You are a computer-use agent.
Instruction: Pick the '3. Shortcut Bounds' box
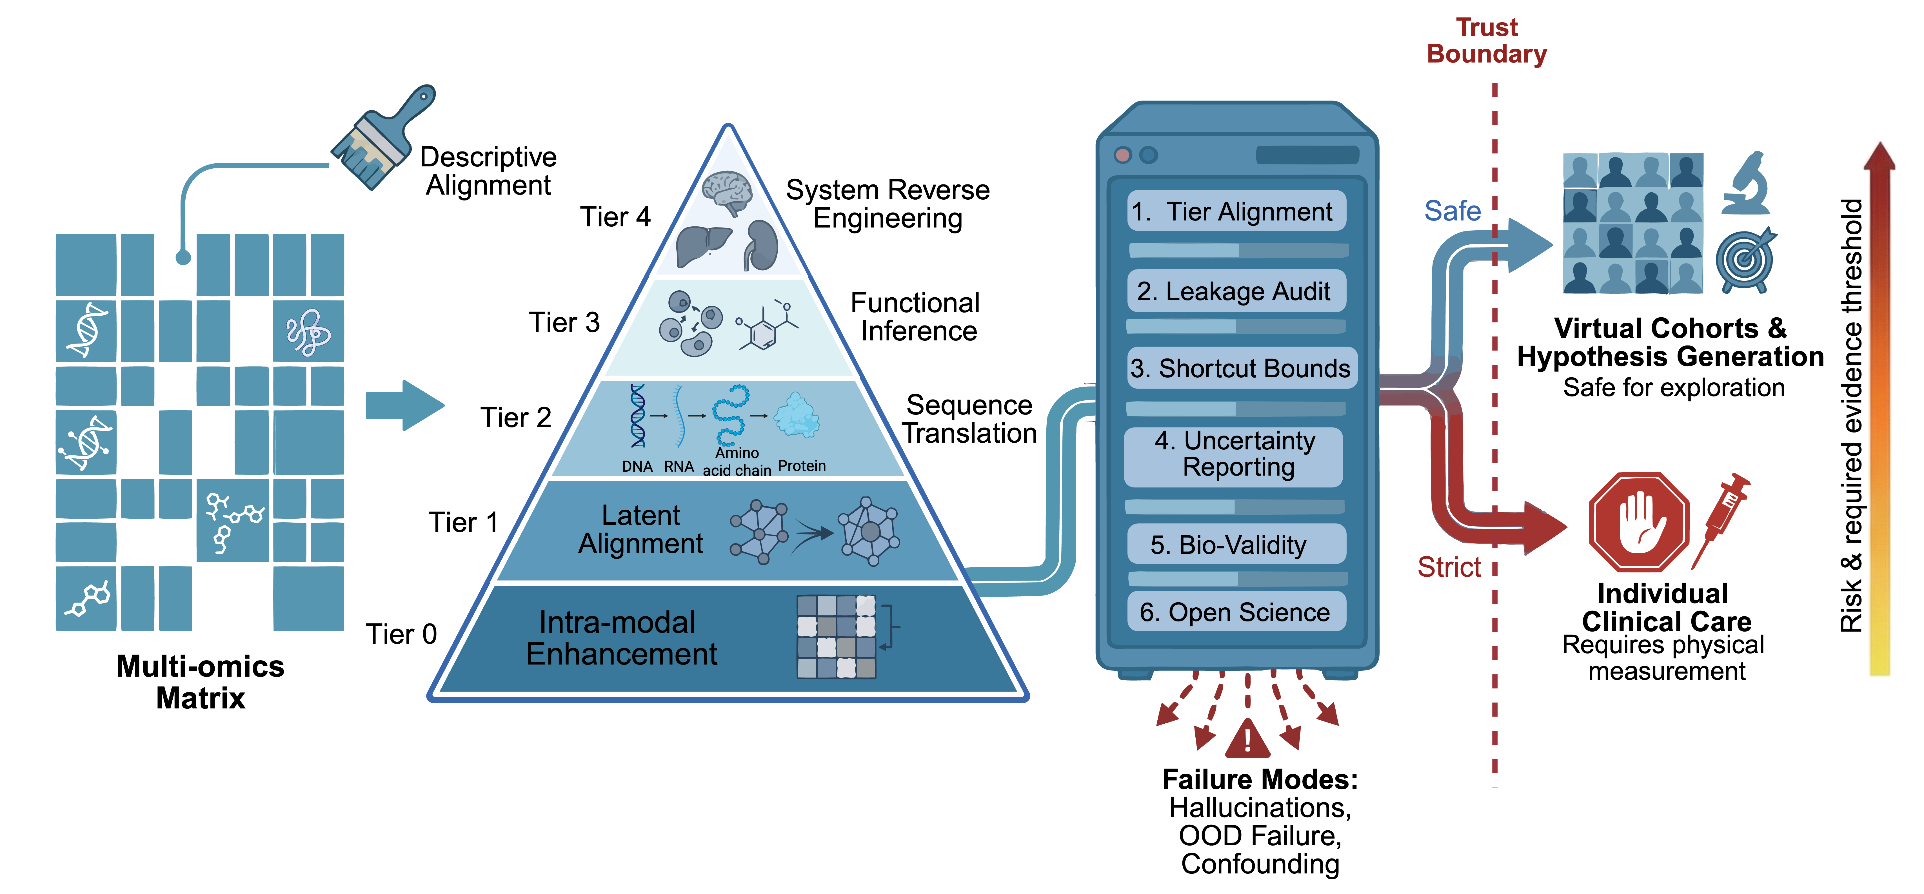point(1241,368)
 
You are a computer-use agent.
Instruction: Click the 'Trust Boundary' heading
point(1486,41)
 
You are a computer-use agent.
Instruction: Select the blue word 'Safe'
point(1452,211)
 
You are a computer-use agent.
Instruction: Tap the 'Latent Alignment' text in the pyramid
point(641,530)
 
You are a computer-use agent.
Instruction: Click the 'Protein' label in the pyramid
point(801,466)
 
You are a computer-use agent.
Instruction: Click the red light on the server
point(1122,155)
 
